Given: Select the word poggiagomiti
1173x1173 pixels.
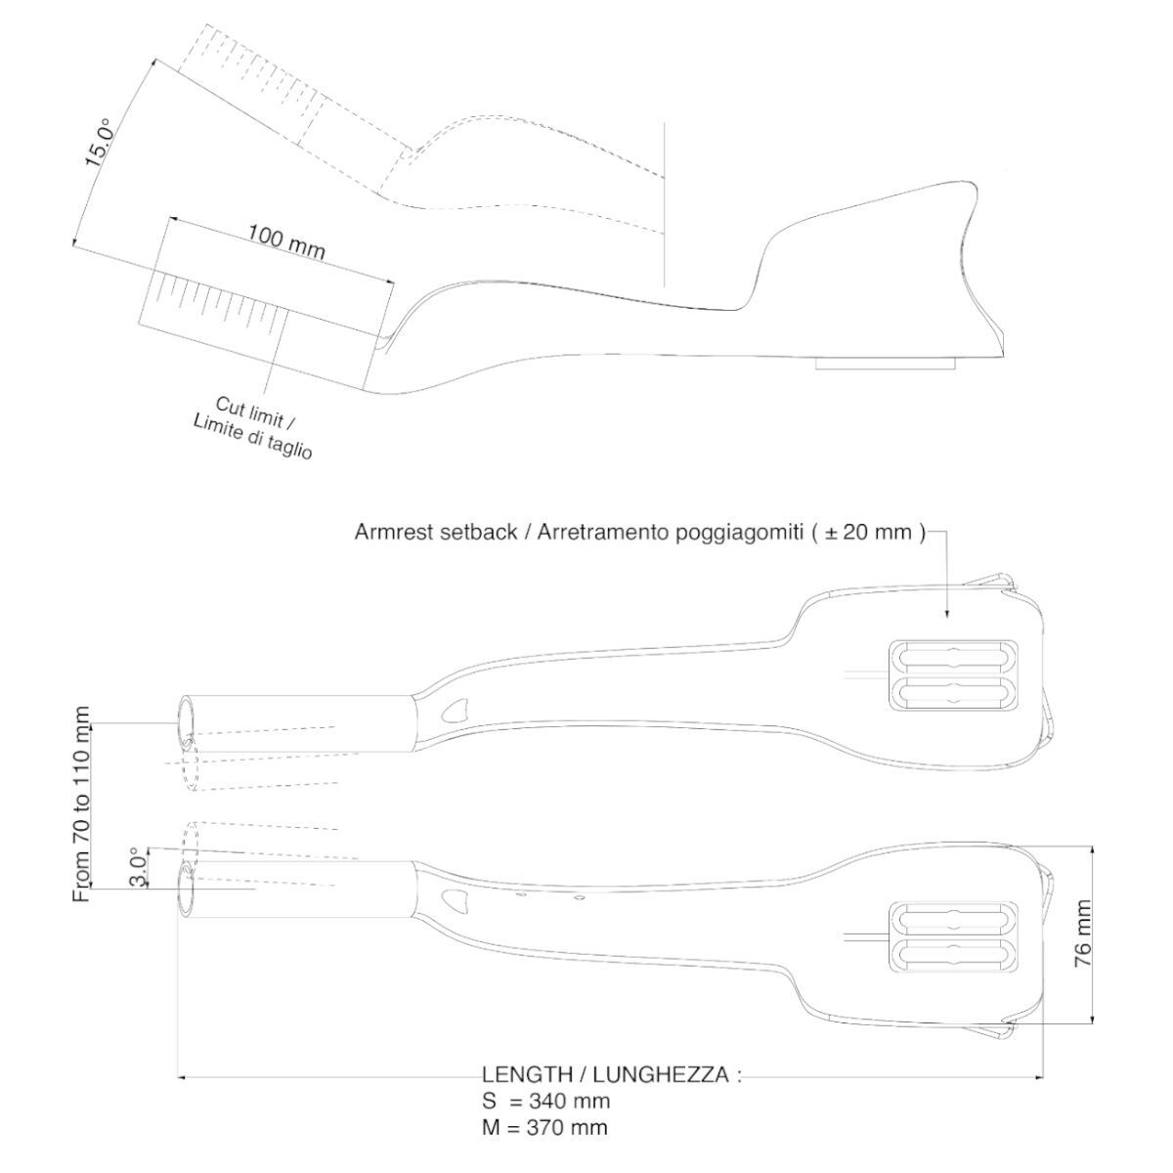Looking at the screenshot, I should click(743, 533).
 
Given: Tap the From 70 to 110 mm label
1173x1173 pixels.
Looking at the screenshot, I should click(82, 804).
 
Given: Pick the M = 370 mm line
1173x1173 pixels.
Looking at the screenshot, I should click(545, 1128).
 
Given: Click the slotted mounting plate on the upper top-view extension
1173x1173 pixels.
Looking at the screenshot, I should click(953, 674).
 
